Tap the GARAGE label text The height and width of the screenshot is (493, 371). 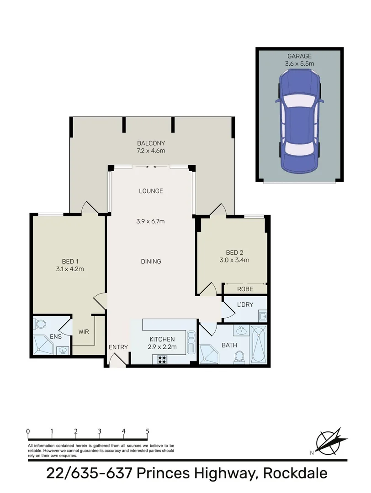(x=299, y=56)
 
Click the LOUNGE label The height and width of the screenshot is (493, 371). (x=151, y=191)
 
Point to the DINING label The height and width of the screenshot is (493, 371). (x=151, y=262)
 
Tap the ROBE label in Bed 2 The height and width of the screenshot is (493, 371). (x=245, y=289)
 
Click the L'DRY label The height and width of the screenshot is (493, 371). (x=245, y=304)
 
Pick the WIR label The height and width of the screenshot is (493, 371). (x=83, y=332)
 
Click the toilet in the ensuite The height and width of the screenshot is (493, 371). (x=40, y=324)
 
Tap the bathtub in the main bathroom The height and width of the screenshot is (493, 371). (x=260, y=344)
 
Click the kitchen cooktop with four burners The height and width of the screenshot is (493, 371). (x=162, y=359)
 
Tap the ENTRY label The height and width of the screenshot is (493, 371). (x=118, y=347)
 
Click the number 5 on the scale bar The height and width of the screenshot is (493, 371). (x=147, y=431)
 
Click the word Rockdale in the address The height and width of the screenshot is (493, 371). (x=295, y=473)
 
